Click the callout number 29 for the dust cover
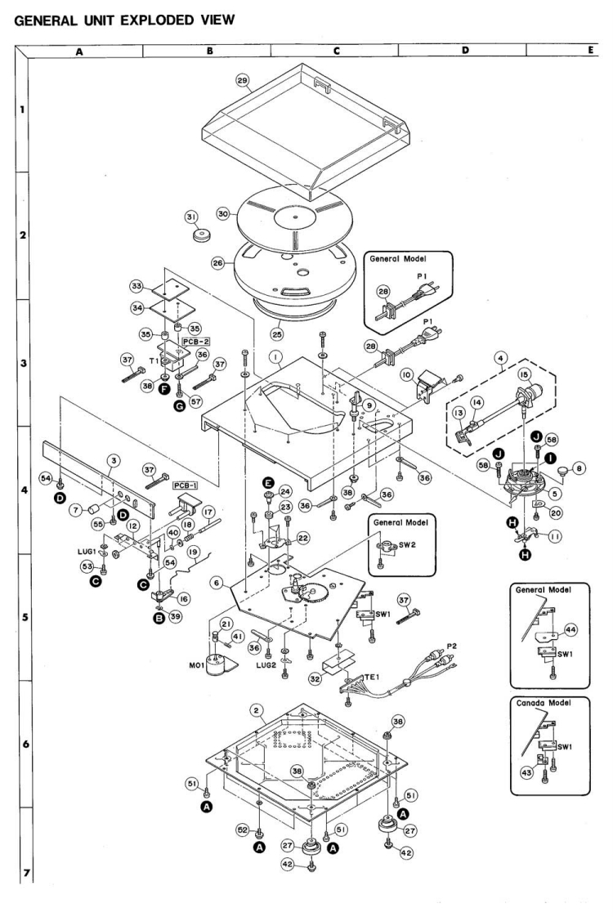241,82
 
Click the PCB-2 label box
191,338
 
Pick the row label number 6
16,745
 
